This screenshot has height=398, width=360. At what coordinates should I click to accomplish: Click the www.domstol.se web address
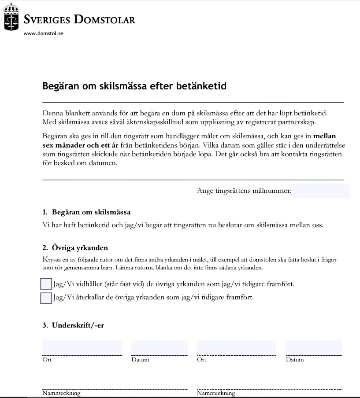(x=44, y=33)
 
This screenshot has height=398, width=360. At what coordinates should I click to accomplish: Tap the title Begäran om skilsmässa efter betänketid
(x=134, y=86)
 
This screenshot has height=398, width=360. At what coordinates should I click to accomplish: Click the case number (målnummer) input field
(x=321, y=191)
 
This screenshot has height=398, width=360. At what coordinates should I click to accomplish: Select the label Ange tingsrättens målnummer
(x=244, y=191)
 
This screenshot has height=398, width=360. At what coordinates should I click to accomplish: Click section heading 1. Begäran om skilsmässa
(x=86, y=212)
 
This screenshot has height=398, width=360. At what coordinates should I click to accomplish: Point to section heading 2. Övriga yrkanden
(x=75, y=248)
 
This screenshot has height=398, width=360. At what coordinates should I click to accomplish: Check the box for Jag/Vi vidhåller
(x=46, y=284)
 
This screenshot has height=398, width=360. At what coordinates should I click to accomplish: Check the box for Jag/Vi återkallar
(x=46, y=298)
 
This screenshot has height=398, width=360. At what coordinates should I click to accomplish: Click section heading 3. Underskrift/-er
(x=73, y=326)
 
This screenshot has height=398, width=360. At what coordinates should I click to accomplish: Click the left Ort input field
(x=82, y=347)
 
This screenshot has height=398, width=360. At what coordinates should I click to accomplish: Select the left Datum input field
(x=160, y=347)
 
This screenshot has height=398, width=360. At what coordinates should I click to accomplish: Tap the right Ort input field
(x=237, y=347)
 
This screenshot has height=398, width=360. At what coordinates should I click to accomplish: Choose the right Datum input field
(x=314, y=347)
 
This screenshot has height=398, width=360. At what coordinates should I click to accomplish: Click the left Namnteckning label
(x=61, y=393)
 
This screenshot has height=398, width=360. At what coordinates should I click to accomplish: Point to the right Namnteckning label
(x=216, y=393)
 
